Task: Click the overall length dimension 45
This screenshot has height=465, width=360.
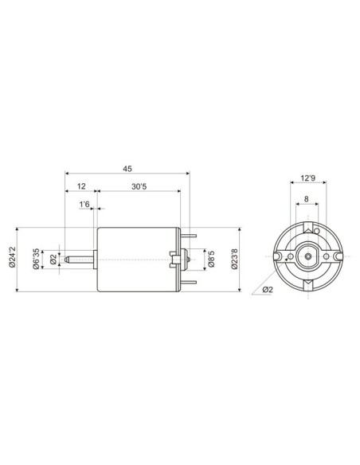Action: click(127, 168)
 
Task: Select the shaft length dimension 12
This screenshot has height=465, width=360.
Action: click(80, 186)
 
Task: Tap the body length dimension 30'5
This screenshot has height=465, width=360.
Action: click(138, 186)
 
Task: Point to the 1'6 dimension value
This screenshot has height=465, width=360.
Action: click(85, 205)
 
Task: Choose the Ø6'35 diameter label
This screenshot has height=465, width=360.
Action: click(37, 258)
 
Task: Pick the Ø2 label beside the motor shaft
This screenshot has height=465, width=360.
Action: click(53, 258)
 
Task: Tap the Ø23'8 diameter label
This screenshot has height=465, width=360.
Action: click(234, 258)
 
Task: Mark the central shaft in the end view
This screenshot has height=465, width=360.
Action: click(307, 257)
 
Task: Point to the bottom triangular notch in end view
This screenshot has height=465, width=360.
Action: click(307, 284)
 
